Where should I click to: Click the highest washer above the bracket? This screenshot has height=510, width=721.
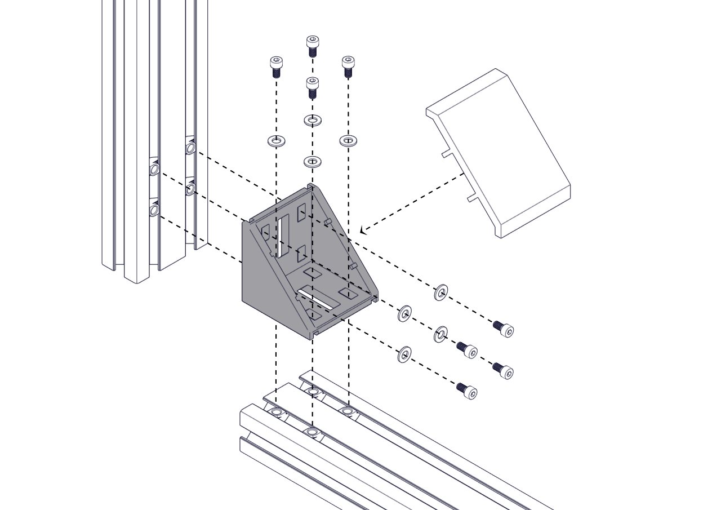point(313,120)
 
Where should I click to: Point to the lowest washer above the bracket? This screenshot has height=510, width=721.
point(313,162)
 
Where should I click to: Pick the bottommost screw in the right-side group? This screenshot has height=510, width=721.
point(468,391)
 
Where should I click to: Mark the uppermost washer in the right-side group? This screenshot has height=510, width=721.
point(441,292)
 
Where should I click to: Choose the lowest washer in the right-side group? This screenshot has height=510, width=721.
point(404,354)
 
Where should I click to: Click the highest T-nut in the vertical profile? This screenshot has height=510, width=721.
point(191,148)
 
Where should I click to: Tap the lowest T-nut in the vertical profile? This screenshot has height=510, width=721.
point(154,210)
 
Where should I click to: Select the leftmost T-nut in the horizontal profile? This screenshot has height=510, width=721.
point(276,413)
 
